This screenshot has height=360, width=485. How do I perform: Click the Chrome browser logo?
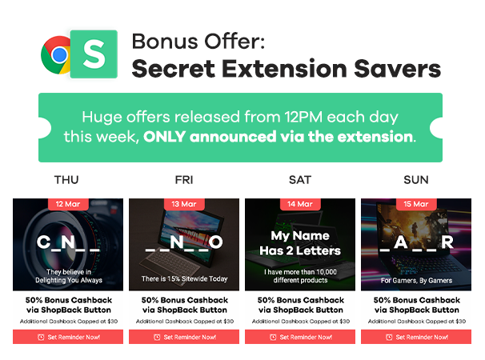(56, 55)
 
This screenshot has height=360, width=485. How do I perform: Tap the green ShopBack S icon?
(94, 54)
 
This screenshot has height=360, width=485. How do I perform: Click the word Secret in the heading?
(173, 69)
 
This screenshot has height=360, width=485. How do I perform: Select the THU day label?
(66, 180)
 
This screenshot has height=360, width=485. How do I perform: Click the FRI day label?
(184, 180)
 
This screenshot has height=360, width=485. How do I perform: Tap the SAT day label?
(300, 180)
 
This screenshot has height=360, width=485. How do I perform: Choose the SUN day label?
(416, 180)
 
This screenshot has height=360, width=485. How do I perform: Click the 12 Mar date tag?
(68, 204)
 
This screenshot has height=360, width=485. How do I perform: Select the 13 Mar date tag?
(184, 204)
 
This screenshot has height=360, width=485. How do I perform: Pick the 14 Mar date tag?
(300, 204)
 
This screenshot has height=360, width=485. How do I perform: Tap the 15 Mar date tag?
(416, 204)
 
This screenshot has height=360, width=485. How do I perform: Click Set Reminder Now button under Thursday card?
(68, 337)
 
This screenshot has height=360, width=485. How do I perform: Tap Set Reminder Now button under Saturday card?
(300, 337)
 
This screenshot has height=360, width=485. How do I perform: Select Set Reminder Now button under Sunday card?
(416, 337)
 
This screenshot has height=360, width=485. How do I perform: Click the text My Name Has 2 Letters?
(300, 243)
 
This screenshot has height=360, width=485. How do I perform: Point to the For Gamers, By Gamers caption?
(416, 281)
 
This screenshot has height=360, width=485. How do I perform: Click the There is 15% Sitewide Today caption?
(184, 278)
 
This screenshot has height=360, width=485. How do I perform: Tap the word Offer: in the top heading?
(234, 42)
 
